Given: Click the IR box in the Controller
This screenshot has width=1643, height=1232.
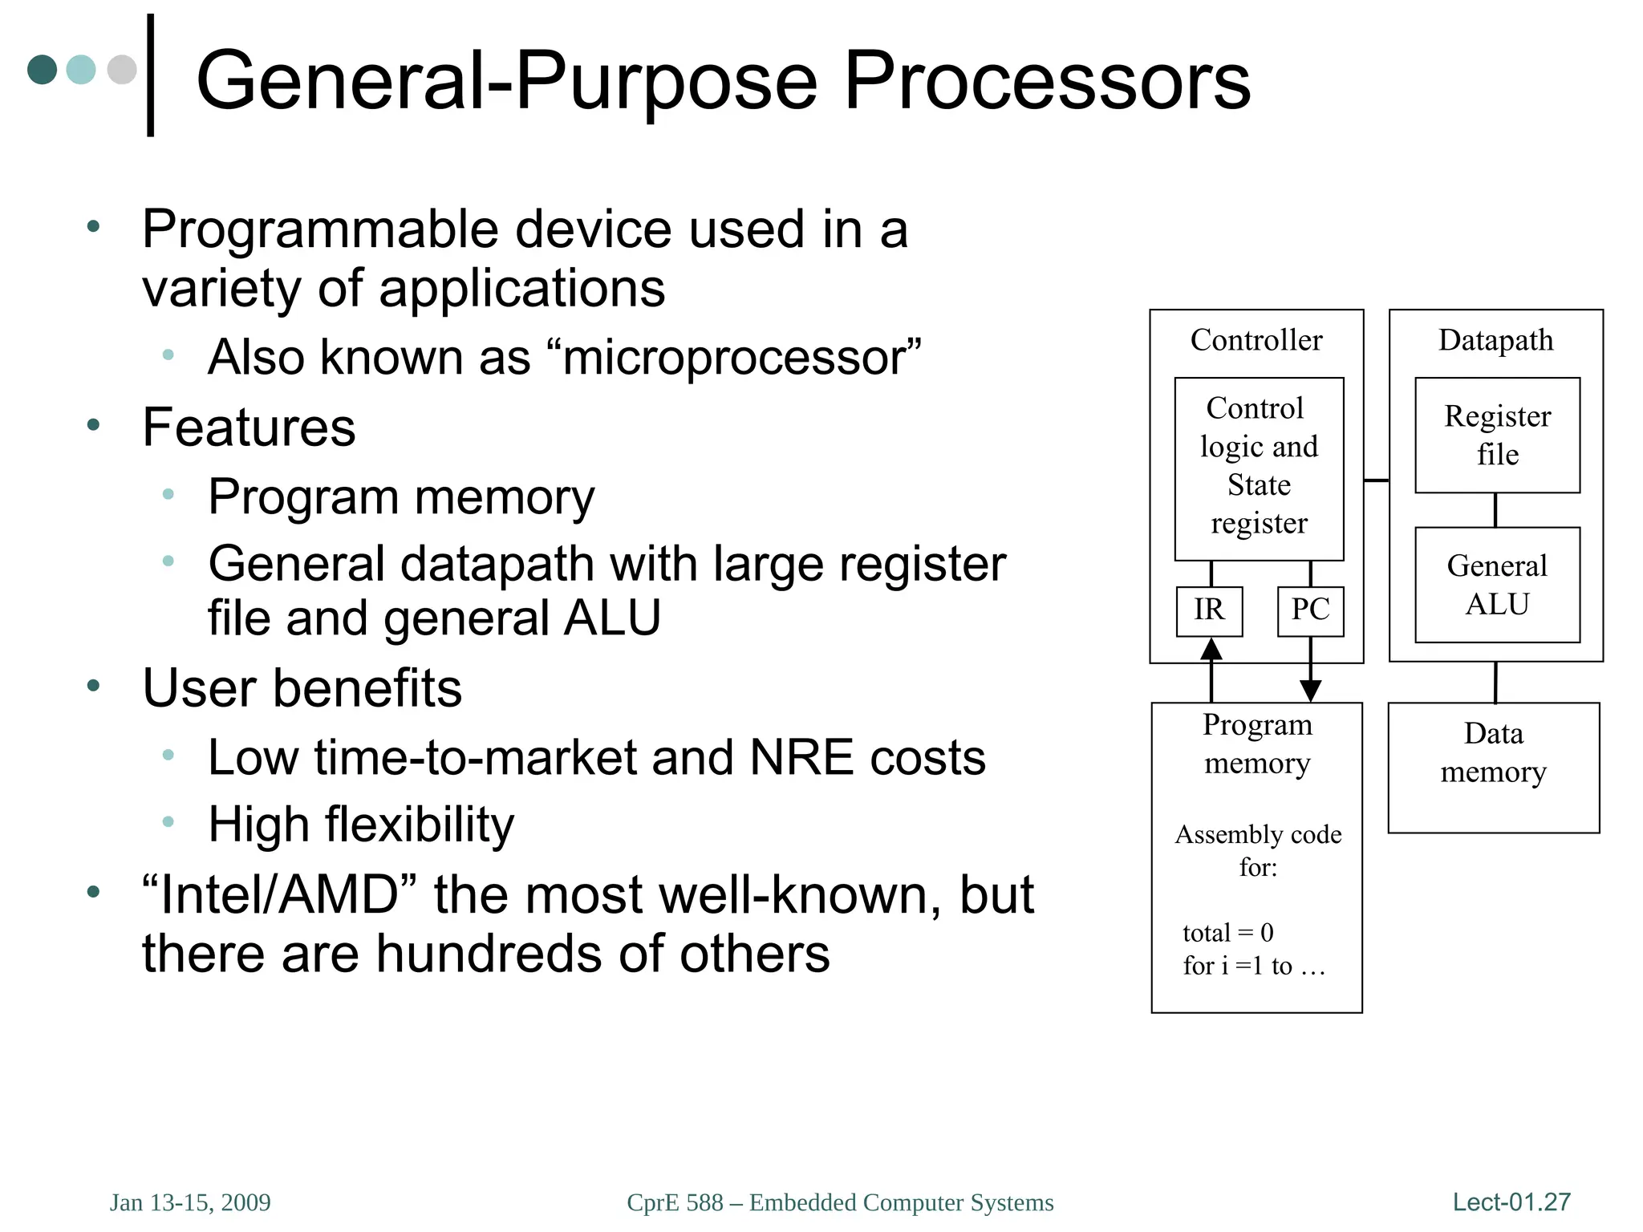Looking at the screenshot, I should [1209, 611].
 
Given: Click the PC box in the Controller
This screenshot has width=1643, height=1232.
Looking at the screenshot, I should [1310, 611].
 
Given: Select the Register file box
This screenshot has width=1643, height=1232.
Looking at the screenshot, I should [1497, 436].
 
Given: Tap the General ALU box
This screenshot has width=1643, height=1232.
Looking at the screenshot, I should [1497, 585].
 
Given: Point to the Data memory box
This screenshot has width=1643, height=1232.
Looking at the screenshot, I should [1493, 768].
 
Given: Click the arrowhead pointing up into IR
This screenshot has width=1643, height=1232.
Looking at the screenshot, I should [1211, 648].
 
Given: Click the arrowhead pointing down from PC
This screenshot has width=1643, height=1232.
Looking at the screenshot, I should [1310, 690].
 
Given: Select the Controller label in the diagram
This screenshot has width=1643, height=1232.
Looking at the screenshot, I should [1256, 341].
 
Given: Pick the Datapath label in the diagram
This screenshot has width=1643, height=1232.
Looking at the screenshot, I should [1495, 341].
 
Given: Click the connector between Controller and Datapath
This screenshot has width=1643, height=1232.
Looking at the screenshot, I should [1376, 480].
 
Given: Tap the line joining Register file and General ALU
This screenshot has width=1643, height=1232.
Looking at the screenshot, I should [1495, 510].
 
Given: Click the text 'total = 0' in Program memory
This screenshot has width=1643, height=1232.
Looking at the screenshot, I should [1227, 933].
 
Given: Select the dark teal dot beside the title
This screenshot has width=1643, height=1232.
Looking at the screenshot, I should [43, 70].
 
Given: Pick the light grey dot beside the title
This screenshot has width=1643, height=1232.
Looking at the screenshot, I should [122, 70].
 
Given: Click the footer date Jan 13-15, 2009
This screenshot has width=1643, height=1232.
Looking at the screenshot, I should [190, 1202].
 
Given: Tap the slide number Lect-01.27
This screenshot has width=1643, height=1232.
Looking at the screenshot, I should [1511, 1202].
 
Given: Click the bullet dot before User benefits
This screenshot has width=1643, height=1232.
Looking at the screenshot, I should [94, 687].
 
